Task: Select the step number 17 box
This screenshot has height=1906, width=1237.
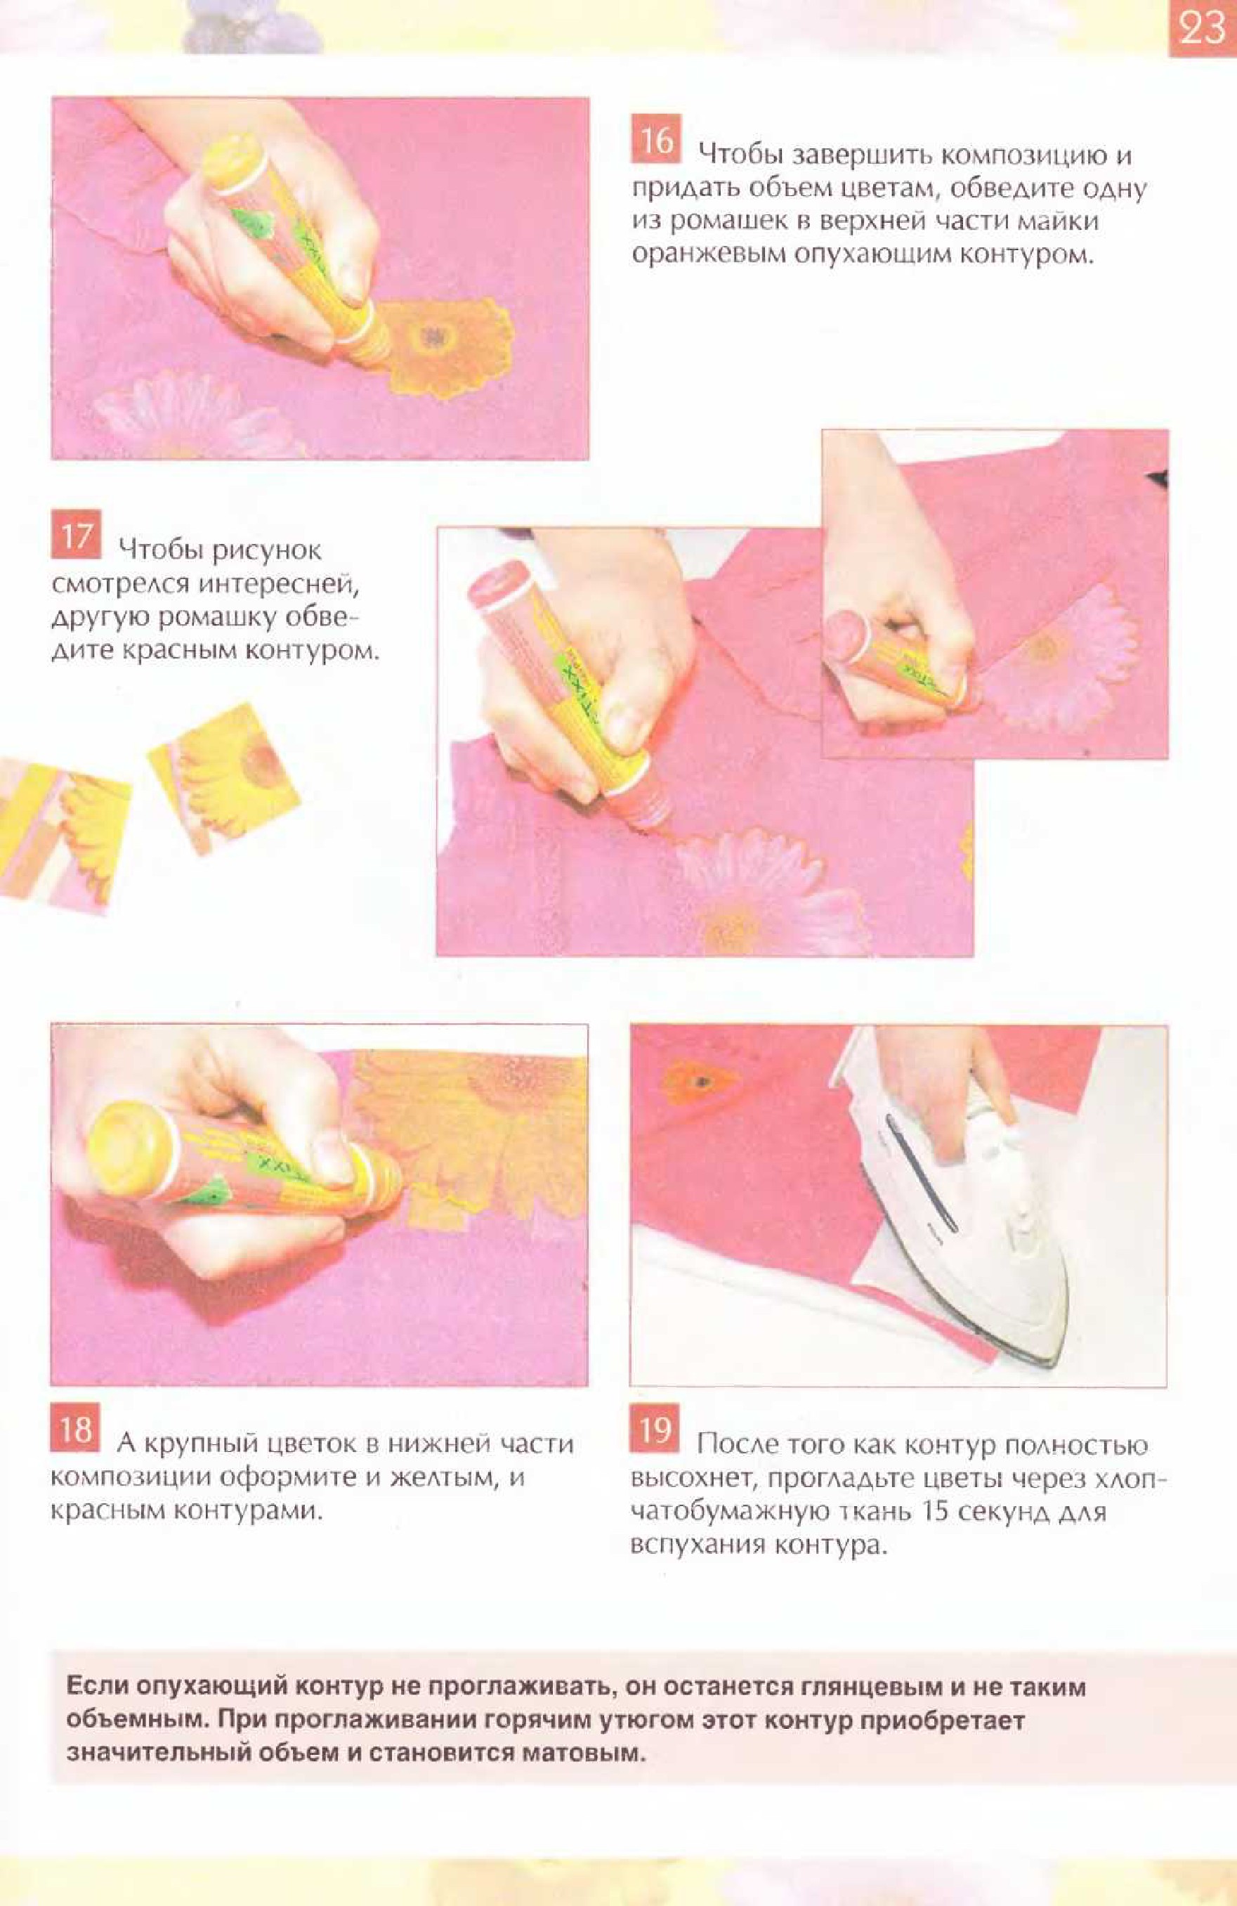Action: click(x=76, y=534)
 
